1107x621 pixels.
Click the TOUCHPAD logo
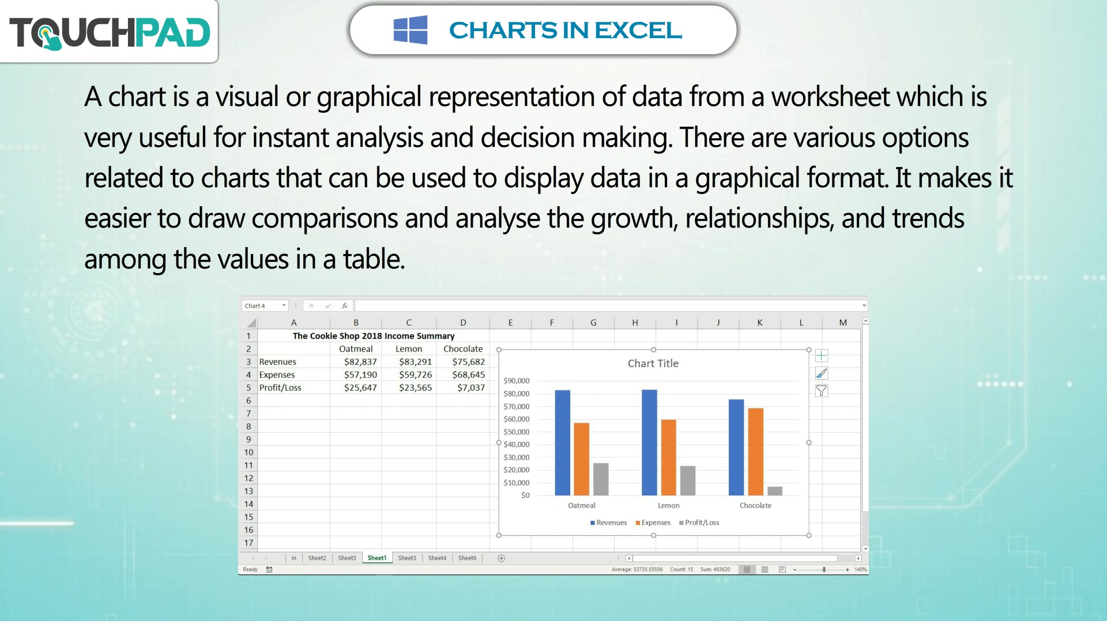[x=110, y=32]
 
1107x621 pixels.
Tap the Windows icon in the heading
[x=411, y=30]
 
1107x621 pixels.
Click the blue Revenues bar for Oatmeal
[x=562, y=442]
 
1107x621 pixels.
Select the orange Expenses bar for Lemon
[x=668, y=457]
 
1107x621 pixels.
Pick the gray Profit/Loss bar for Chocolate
[x=775, y=491]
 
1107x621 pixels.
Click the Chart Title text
[x=653, y=363]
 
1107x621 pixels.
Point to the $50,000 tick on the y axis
[x=517, y=431]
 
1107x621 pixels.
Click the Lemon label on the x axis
[x=669, y=505]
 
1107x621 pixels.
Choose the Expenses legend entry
[x=653, y=522]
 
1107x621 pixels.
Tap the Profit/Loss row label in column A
[x=280, y=388]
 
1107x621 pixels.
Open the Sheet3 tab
[x=407, y=558]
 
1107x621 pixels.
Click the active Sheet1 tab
[x=377, y=558]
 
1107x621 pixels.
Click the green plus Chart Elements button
[x=822, y=355]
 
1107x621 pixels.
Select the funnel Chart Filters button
[x=822, y=391]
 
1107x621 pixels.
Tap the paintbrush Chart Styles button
[x=822, y=373]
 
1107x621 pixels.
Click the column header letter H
[x=635, y=323]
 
